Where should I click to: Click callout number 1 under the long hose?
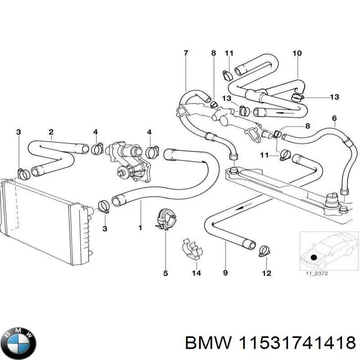(140, 228)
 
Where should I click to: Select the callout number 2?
(51, 132)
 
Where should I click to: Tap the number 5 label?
(165, 273)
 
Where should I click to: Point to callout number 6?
(334, 119)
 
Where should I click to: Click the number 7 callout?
(186, 54)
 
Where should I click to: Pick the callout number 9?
(225, 273)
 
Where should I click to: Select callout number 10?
(297, 54)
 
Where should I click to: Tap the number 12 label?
(266, 273)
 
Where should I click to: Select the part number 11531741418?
(296, 343)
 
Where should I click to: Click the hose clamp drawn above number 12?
(264, 249)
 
